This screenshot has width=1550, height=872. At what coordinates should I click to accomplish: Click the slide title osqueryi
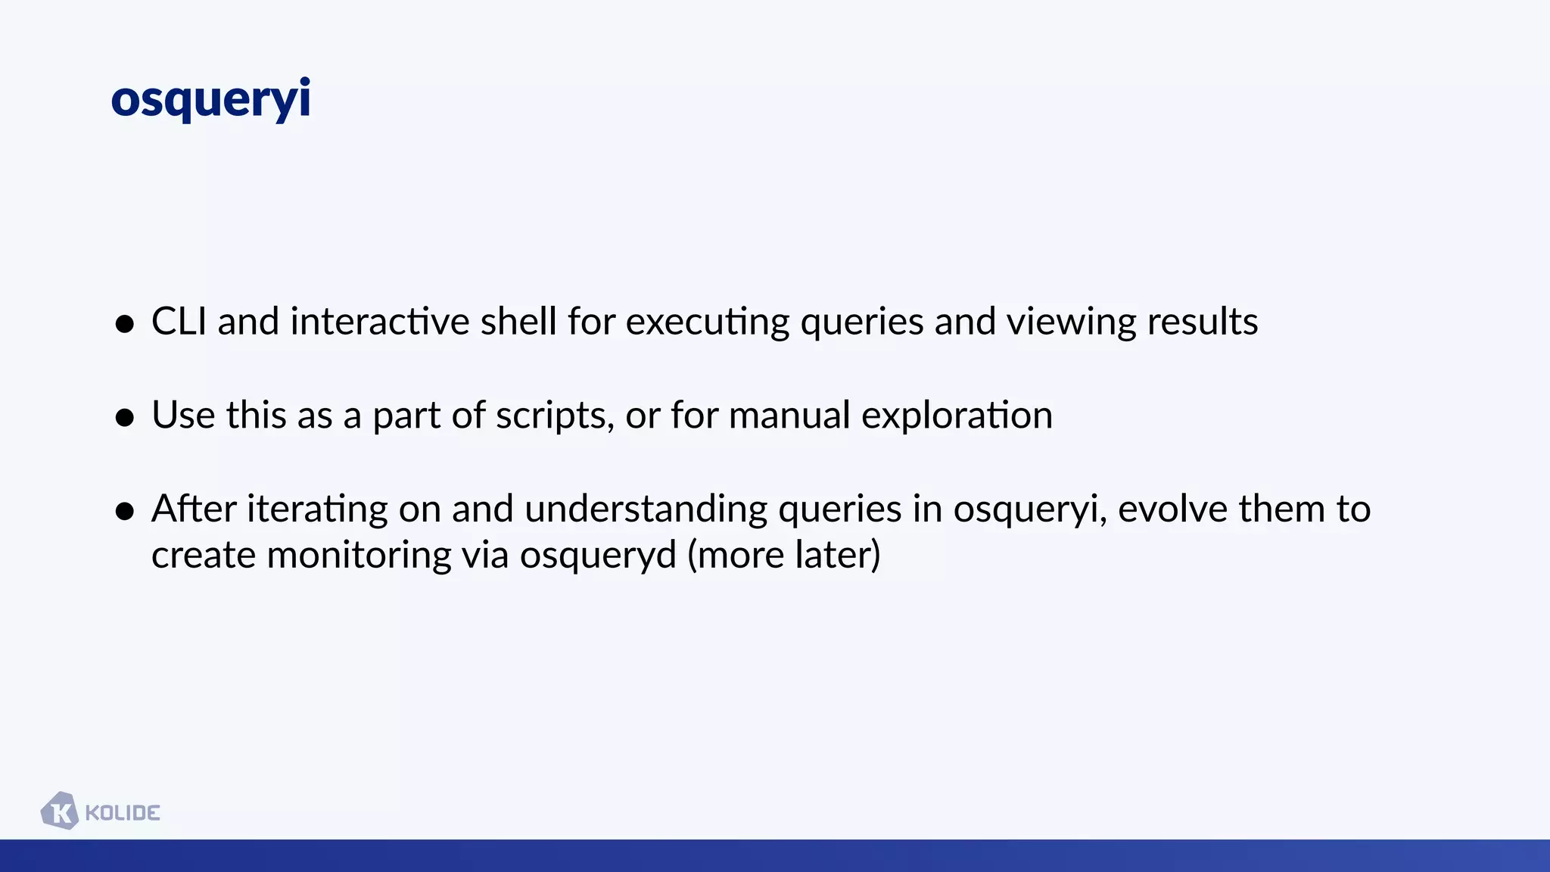tap(210, 99)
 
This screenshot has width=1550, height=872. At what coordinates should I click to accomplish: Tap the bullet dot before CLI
tap(125, 324)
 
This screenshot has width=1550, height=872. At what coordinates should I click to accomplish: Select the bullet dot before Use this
tap(125, 417)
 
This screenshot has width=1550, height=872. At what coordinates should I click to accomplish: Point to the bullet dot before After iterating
tap(125, 511)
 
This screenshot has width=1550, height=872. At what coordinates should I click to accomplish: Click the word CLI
tap(179, 321)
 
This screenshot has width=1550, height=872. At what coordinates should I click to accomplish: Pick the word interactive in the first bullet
tap(379, 321)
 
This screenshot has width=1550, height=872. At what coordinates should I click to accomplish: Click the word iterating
tap(317, 509)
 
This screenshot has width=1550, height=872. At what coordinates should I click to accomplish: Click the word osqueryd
tap(597, 556)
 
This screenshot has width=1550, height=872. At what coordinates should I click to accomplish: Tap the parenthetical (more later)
tap(784, 555)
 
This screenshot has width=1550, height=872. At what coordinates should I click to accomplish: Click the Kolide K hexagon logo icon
tap(60, 811)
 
